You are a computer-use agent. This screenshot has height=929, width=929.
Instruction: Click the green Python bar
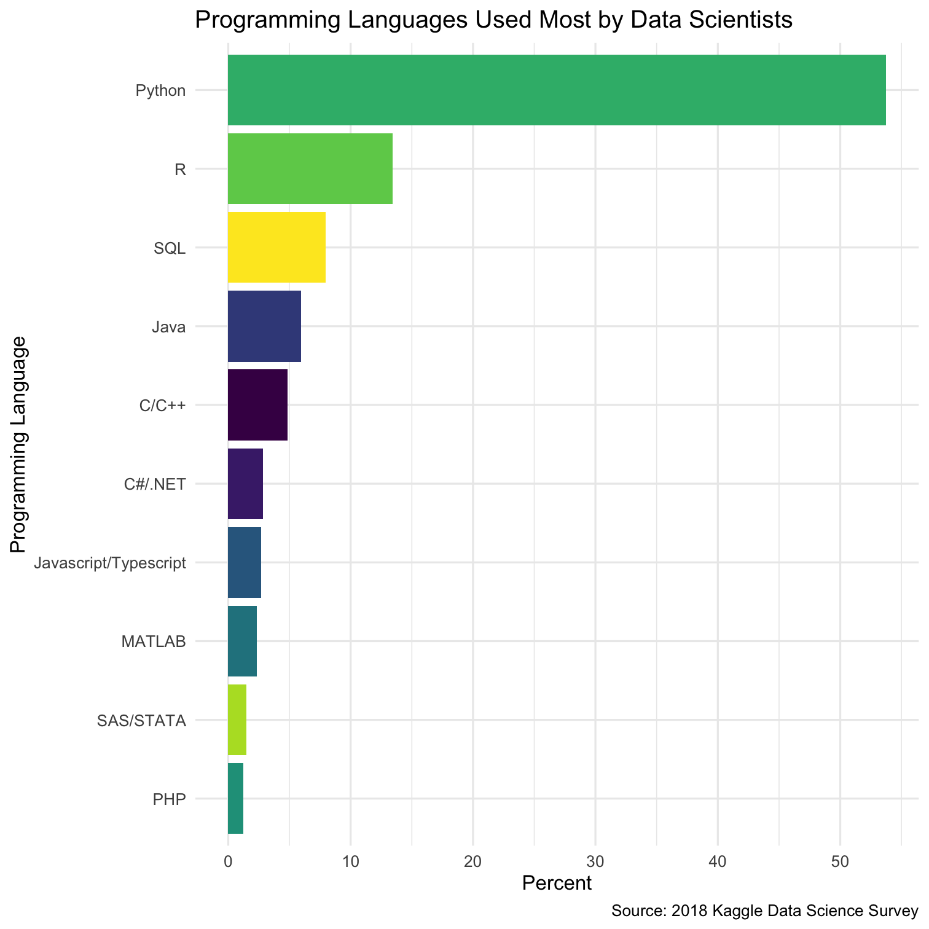click(x=556, y=90)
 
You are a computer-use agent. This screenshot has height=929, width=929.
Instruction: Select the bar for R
click(x=310, y=169)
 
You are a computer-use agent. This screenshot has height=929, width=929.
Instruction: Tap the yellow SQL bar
click(x=276, y=248)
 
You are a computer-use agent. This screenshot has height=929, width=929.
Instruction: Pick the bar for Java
click(x=264, y=326)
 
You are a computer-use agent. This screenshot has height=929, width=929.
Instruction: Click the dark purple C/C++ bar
click(x=257, y=405)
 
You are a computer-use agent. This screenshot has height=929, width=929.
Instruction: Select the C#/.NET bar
click(x=245, y=484)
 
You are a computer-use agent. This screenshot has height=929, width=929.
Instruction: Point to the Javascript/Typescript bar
click(x=245, y=562)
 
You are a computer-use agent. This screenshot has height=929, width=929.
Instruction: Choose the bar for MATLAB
click(x=242, y=641)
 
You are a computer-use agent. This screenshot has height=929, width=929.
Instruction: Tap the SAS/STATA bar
click(x=237, y=719)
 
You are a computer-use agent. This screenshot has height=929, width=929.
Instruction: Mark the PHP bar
click(x=235, y=798)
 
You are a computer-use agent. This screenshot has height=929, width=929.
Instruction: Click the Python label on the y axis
click(x=160, y=91)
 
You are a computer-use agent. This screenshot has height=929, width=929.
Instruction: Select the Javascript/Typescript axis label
click(x=111, y=563)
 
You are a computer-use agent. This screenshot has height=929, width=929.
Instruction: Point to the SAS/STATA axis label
click(x=141, y=720)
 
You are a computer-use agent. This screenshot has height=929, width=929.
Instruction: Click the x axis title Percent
click(x=557, y=883)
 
